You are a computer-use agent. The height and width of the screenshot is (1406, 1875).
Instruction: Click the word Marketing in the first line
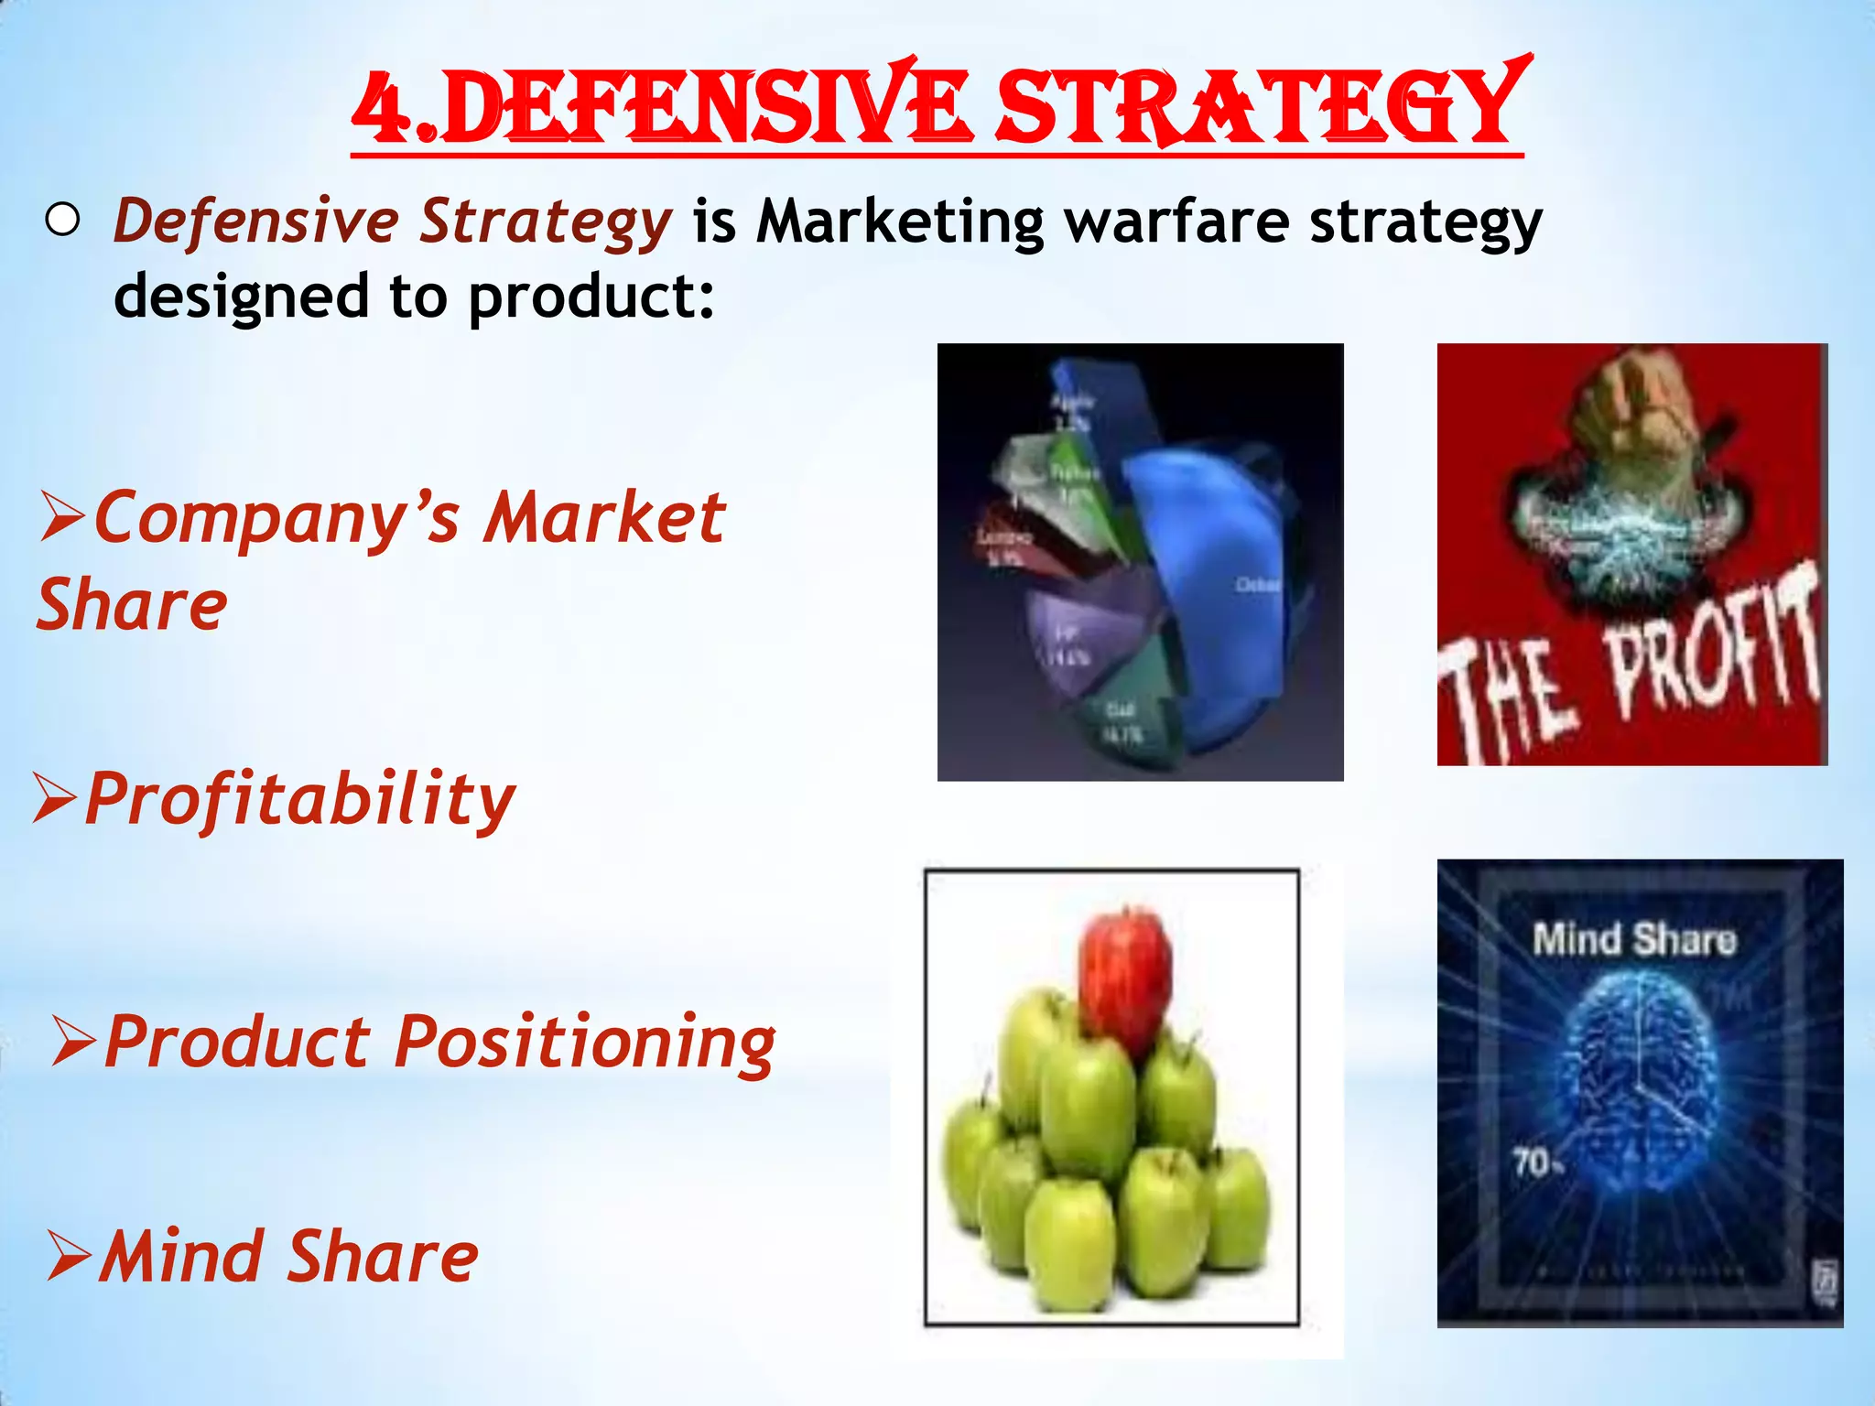[899, 222]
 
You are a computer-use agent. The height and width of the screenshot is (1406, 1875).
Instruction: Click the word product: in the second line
[591, 297]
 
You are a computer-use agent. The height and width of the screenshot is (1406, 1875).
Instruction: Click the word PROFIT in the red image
[1712, 645]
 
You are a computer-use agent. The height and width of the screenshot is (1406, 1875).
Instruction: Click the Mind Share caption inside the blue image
[1634, 940]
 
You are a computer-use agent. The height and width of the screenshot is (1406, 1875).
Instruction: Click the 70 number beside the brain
[1531, 1163]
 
